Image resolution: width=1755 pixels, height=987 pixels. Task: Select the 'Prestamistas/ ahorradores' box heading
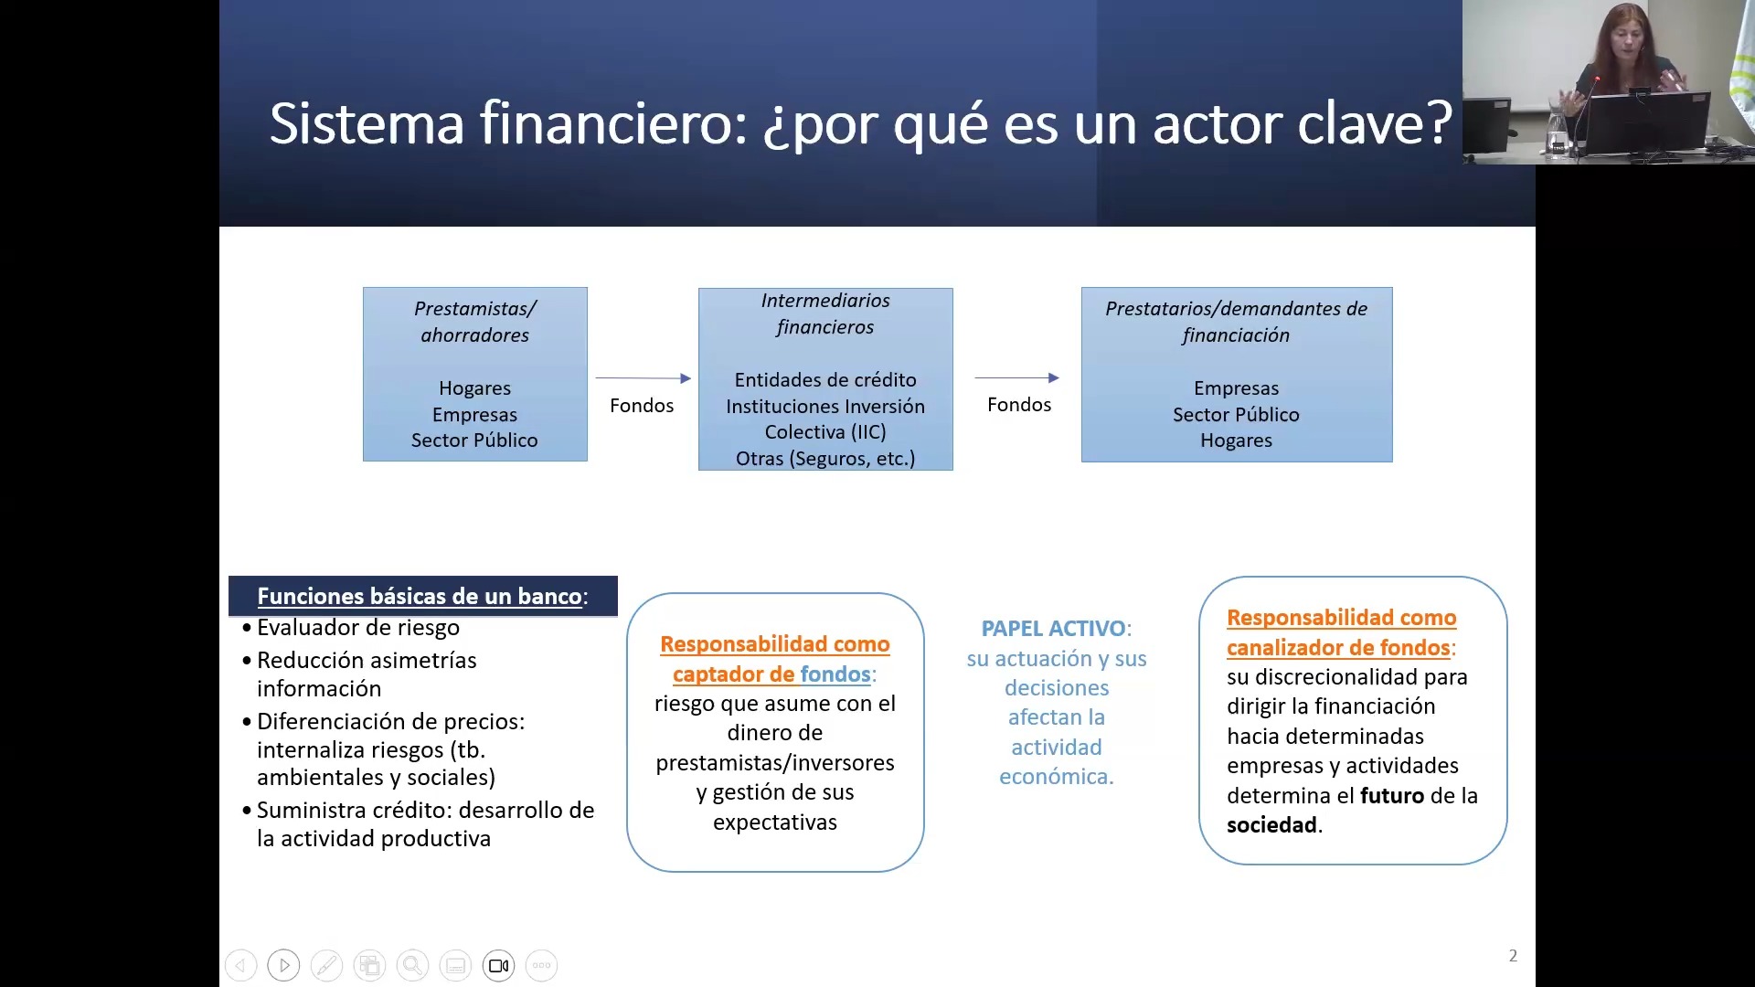point(474,322)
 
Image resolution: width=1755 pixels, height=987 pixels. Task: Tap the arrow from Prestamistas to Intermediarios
point(643,377)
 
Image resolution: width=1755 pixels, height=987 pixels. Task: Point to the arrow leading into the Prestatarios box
point(1016,377)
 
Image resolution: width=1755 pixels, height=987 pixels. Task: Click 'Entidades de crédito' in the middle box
point(824,380)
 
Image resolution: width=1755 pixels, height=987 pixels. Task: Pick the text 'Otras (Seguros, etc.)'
point(824,459)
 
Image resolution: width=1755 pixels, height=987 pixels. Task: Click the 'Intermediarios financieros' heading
point(824,313)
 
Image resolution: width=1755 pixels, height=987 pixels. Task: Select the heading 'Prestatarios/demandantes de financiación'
point(1236,322)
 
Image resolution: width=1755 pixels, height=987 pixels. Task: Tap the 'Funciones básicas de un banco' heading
point(420,597)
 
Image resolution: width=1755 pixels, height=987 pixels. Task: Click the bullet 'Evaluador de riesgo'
point(357,628)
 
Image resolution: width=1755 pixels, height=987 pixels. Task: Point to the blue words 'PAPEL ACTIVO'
point(1053,629)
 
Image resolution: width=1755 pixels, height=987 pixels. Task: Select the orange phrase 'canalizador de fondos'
point(1338,648)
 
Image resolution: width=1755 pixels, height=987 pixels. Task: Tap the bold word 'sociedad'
point(1271,825)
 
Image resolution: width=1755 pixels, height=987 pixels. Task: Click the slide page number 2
point(1513,956)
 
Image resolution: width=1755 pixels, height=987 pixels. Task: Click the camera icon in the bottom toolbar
point(498,966)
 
